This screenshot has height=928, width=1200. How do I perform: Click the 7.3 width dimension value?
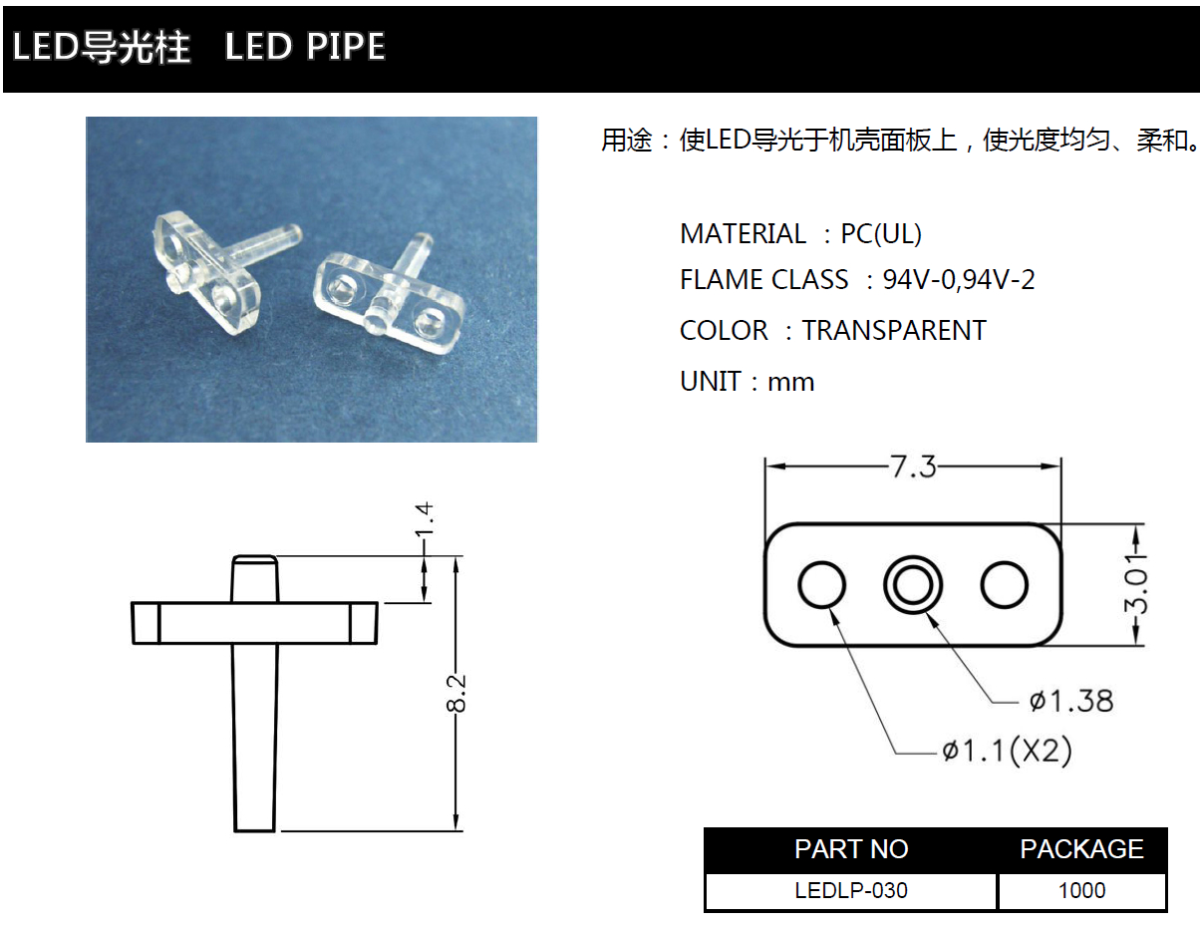tap(913, 466)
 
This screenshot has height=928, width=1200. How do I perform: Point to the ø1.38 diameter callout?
tap(1070, 701)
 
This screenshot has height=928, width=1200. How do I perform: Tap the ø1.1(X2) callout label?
tap(1007, 750)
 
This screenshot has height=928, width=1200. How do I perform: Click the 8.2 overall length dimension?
tap(456, 693)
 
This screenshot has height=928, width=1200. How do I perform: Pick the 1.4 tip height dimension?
tap(425, 523)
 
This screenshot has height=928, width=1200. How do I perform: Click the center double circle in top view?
tap(913, 585)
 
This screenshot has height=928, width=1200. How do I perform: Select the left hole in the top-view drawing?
tap(822, 585)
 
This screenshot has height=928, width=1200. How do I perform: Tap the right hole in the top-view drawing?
tap(1004, 585)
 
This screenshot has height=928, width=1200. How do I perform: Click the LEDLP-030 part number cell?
tap(851, 890)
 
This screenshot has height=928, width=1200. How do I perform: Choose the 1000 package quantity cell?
tap(1081, 890)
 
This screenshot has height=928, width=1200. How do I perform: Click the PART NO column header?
tap(851, 849)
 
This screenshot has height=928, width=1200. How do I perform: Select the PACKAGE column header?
tap(1081, 849)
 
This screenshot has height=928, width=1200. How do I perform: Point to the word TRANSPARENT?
tap(894, 330)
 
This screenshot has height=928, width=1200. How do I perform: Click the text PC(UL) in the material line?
tap(881, 234)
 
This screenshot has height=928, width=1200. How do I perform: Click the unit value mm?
tap(790, 382)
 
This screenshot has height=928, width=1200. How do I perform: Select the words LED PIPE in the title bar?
tap(305, 47)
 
